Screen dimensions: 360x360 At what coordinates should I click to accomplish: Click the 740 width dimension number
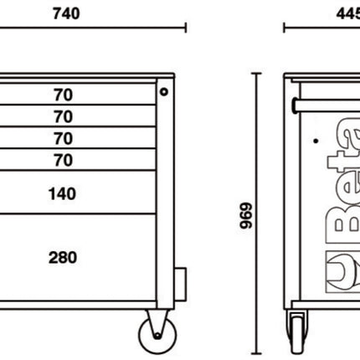tap(66, 13)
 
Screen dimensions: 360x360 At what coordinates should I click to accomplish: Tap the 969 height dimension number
tap(246, 215)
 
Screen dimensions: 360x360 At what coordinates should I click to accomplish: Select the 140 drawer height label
tap(62, 193)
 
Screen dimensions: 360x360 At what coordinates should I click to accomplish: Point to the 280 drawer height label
tap(63, 257)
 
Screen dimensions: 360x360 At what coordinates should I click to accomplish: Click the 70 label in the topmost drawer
tap(64, 95)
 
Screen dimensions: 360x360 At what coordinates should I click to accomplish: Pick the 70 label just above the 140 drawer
tap(64, 160)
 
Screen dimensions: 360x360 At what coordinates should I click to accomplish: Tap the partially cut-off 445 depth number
tap(348, 13)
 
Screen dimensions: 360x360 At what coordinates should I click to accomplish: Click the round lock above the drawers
tap(164, 91)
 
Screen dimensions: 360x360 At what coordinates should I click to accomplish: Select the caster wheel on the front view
tap(157, 336)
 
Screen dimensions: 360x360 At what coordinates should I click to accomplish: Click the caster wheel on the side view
tap(297, 332)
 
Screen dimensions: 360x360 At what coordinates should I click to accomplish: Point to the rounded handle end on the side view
tap(295, 105)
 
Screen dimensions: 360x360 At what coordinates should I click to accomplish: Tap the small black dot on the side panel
tap(316, 141)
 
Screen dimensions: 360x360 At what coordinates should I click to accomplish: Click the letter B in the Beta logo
tap(342, 224)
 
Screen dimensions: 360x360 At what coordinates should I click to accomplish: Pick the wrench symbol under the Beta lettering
tap(343, 272)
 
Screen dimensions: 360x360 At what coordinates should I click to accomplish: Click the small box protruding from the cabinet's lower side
tap(180, 285)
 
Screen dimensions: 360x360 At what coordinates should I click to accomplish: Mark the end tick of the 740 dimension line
tap(186, 28)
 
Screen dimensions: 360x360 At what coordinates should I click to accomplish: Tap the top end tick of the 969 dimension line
tap(256, 74)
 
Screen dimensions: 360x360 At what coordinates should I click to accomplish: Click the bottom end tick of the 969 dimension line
tap(256, 353)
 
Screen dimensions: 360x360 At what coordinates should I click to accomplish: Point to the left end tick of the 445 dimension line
tap(284, 28)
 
